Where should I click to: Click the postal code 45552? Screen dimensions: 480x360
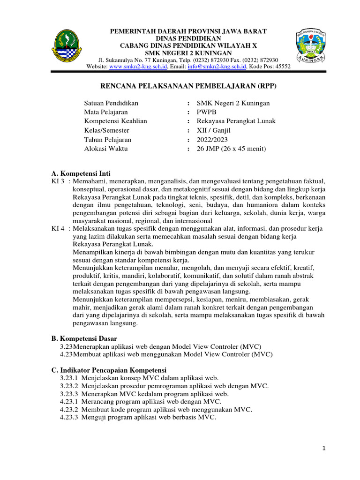(282, 67)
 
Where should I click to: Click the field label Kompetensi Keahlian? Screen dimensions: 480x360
(115, 121)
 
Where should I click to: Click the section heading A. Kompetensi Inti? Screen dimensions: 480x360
(81, 173)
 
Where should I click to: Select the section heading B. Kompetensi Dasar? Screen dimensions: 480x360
(84, 338)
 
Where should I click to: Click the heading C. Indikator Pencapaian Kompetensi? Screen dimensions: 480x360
(109, 370)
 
